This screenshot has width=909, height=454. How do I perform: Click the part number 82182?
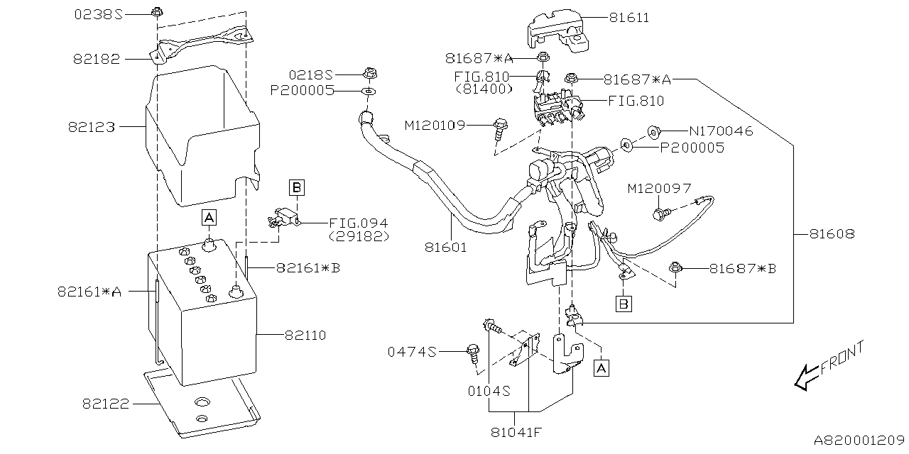point(97,60)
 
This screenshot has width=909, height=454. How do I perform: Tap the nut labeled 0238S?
point(158,12)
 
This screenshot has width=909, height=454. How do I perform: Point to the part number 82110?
point(305,335)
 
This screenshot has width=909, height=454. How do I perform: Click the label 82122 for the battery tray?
point(106,404)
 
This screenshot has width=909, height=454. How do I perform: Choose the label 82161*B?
point(308,267)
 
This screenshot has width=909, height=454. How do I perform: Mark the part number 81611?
point(628,17)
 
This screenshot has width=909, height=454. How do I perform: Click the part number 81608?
point(830,233)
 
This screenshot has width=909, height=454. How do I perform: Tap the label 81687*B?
point(743,269)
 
